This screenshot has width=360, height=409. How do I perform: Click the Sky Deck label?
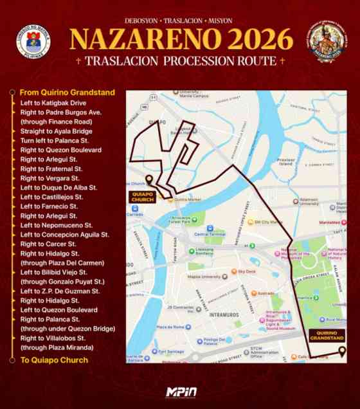247,271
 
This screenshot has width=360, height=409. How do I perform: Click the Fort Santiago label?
172,351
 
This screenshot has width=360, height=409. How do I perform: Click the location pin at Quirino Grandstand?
342,352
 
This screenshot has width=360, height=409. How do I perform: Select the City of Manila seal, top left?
30,46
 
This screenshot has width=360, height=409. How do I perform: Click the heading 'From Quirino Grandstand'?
67,93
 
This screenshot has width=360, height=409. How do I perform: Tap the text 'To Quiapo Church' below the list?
54,360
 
